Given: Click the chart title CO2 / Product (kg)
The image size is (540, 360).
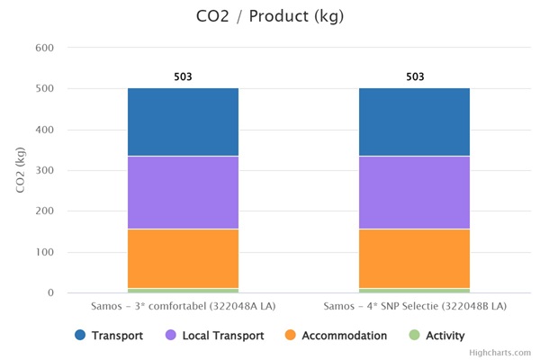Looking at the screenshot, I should [269, 16].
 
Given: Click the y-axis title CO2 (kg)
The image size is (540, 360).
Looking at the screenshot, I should [20, 170].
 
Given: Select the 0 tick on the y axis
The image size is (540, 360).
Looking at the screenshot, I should [49, 292].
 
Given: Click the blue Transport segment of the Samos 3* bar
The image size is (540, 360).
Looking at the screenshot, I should [183, 122].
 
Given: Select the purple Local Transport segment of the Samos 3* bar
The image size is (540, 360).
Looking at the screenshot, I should [183, 193].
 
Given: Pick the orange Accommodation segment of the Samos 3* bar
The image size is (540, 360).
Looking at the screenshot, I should [183, 258].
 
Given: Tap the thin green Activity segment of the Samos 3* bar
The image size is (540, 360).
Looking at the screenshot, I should [183, 290].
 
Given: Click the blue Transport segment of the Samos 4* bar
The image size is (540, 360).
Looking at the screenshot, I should [414, 122].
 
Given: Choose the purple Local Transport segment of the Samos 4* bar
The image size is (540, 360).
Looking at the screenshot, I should [414, 193].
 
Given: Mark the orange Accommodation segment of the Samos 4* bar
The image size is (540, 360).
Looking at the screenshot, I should [414, 258].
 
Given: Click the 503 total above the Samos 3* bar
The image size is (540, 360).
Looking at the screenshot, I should [183, 76].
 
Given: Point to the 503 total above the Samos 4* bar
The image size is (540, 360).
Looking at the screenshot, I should [414, 76].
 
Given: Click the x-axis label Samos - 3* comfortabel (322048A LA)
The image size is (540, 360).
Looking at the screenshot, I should [183, 307].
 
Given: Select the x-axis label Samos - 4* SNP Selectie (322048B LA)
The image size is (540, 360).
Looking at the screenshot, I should [414, 307].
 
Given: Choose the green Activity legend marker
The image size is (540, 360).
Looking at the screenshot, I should [414, 336].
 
